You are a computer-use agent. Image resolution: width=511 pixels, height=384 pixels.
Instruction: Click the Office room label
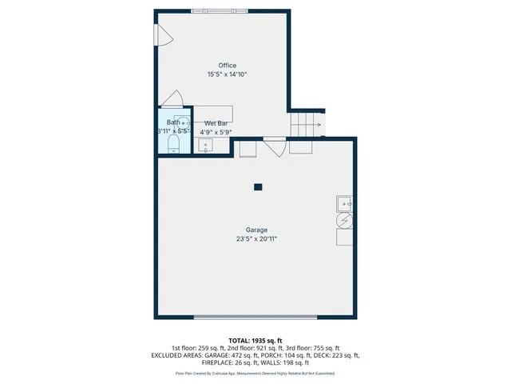point(228,66)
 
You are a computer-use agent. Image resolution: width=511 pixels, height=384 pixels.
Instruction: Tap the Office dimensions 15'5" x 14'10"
point(228,74)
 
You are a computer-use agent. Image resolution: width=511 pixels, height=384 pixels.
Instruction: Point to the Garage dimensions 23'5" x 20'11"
point(256,238)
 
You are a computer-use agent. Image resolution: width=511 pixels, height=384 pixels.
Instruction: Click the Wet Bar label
point(216,123)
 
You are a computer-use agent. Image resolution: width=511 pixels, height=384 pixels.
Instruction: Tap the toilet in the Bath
point(174,143)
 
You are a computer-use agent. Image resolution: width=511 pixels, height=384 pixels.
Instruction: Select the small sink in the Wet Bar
point(204,146)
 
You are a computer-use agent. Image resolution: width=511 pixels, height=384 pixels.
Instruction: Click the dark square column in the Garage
point(258,187)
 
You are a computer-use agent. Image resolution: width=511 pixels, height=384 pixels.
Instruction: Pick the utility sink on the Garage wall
point(345,202)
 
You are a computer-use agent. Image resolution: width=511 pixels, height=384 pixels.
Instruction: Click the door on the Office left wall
point(162,34)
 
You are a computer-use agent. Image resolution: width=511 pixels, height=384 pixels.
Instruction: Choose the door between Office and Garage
point(274,146)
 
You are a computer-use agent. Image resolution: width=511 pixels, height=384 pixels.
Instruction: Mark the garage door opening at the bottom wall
point(255,318)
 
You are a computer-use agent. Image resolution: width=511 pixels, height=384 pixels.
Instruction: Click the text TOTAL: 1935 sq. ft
point(255,340)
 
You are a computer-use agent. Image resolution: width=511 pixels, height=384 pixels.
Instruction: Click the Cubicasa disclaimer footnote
point(255,374)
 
